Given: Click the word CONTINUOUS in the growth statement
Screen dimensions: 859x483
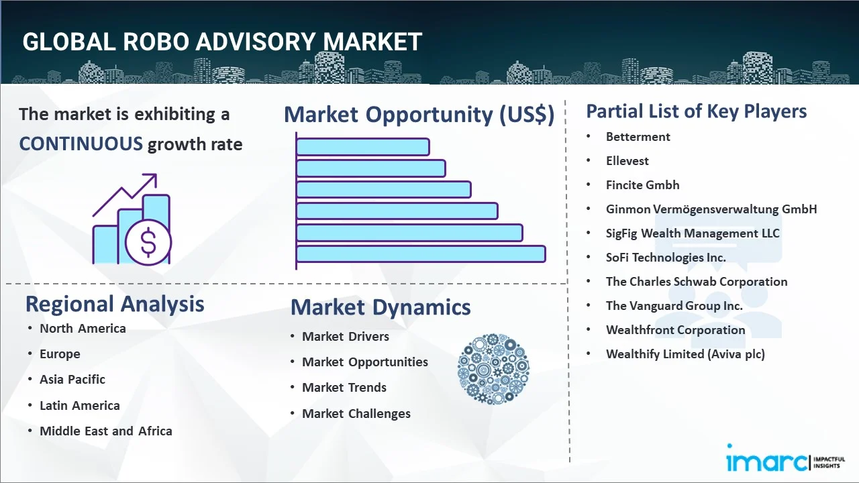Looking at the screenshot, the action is click(81, 144).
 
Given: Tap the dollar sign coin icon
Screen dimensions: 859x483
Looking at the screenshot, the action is click(148, 243).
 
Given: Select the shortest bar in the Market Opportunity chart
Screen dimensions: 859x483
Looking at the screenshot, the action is click(363, 147).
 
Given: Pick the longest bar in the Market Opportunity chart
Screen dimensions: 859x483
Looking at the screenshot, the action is click(421, 254).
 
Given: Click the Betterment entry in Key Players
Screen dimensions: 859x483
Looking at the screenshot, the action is click(638, 137).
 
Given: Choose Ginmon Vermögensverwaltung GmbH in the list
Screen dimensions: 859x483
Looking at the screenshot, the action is click(711, 209).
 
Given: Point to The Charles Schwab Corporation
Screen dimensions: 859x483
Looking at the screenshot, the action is click(697, 282).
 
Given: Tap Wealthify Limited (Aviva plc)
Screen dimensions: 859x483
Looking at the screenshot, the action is click(685, 354).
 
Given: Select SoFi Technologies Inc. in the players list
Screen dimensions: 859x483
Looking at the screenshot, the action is click(666, 258).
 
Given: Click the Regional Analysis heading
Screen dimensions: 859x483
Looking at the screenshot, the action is click(115, 305).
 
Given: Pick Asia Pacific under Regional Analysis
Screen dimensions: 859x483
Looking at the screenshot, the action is click(72, 380).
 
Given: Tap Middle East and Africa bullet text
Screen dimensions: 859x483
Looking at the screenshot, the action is click(106, 431).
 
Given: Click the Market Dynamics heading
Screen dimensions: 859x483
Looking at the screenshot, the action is click(381, 307).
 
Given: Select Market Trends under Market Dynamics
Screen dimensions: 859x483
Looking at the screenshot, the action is click(344, 388).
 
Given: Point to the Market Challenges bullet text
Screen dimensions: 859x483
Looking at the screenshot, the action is click(356, 414).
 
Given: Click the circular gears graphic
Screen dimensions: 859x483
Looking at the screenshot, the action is click(493, 369).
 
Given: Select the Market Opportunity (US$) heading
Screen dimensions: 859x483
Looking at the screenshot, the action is click(419, 115).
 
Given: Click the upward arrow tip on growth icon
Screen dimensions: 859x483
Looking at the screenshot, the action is click(156, 174).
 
